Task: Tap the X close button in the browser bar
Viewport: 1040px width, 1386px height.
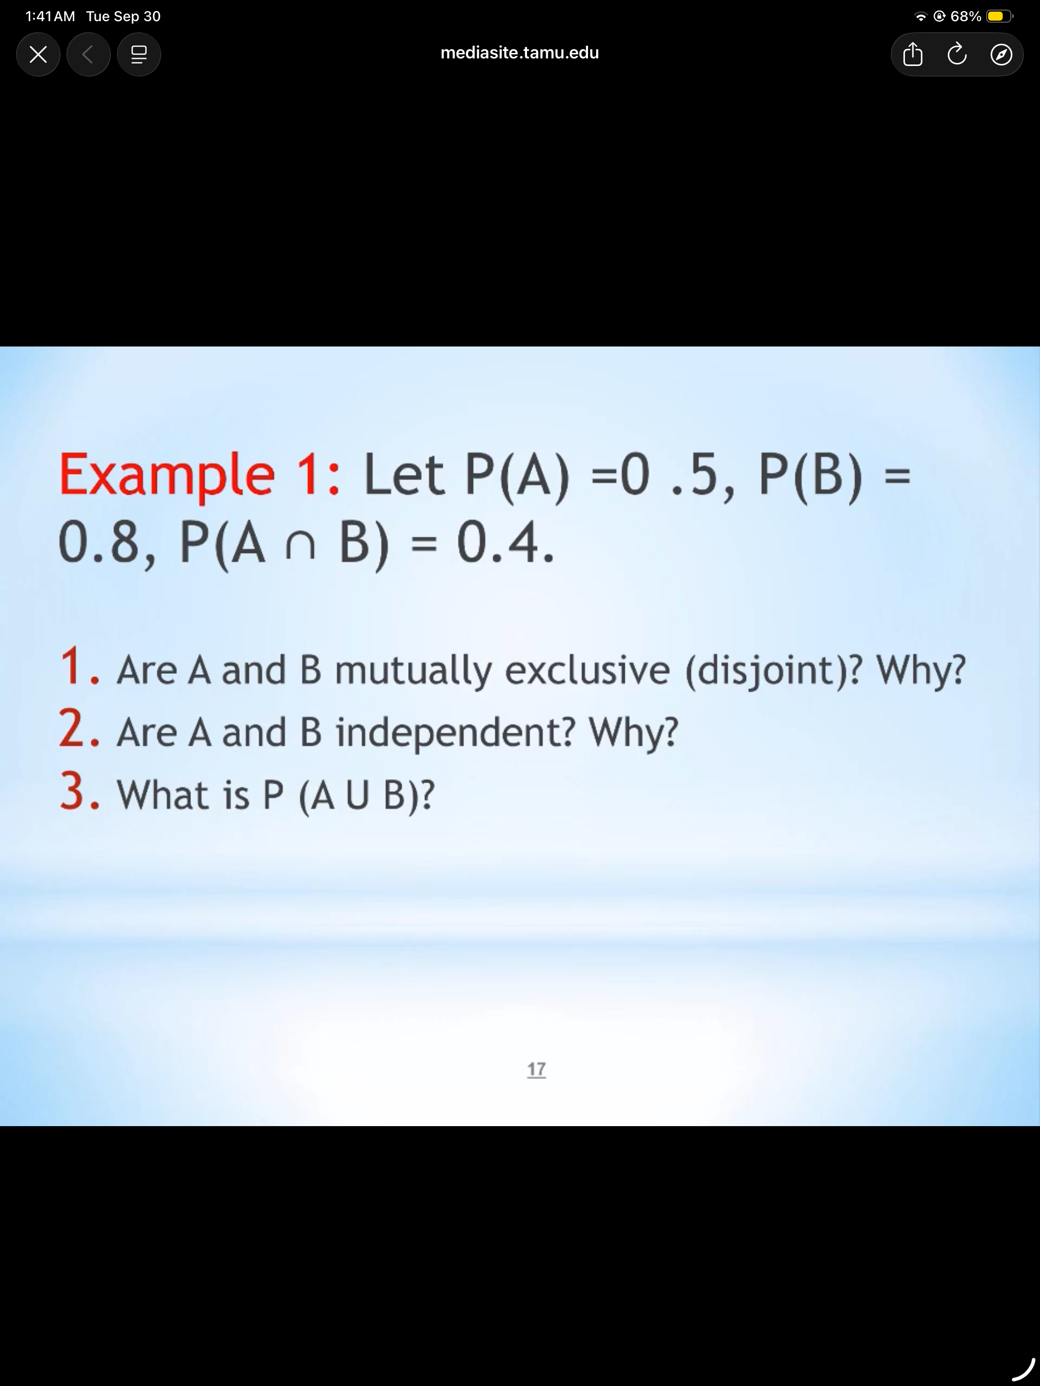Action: tap(38, 54)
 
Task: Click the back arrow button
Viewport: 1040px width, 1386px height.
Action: tap(88, 54)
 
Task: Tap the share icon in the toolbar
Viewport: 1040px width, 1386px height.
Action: tap(912, 54)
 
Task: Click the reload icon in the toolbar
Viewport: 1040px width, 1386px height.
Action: tap(957, 54)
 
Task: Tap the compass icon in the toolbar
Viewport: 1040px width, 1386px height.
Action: tap(1001, 54)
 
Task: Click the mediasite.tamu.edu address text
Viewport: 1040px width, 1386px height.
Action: tap(519, 53)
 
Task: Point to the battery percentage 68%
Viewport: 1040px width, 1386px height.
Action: tap(965, 16)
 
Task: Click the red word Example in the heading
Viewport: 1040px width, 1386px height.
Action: tap(167, 474)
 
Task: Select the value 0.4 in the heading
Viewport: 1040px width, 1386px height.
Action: tap(505, 542)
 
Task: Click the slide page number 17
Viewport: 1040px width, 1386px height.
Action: tap(537, 1068)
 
